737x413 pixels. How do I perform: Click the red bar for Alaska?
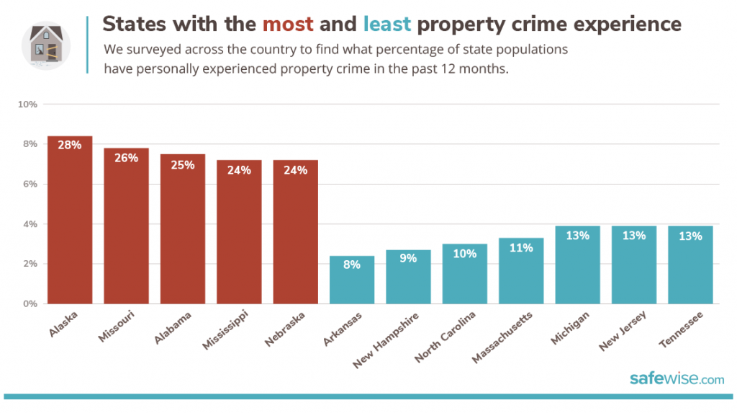tap(70, 223)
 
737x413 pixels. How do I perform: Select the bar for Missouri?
tap(126, 231)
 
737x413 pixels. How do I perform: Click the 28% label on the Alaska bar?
tap(70, 145)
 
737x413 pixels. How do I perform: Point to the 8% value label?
tap(352, 265)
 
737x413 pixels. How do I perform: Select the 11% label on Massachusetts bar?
tap(521, 248)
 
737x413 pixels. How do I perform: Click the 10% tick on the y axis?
tap(27, 105)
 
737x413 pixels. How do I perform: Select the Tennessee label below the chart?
tap(681, 328)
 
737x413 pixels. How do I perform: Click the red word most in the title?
tap(288, 25)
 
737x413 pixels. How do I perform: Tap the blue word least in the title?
tap(387, 25)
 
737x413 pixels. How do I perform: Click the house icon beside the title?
tap(45, 45)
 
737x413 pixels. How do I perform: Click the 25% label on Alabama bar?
tap(183, 165)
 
